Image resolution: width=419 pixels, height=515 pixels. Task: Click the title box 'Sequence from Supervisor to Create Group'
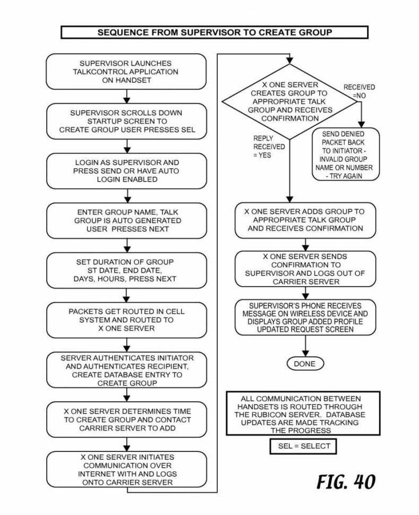[214, 32]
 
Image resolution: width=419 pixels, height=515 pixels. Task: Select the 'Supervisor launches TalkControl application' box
[126, 72]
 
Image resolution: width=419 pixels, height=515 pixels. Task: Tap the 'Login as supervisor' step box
[126, 170]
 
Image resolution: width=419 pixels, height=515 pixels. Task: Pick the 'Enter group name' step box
[126, 220]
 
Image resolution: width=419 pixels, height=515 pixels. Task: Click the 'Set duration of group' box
[126, 270]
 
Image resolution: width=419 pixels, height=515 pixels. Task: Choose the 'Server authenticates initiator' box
[126, 370]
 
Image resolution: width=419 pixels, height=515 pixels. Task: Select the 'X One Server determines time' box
[126, 419]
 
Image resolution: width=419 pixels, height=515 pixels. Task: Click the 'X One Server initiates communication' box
[126, 469]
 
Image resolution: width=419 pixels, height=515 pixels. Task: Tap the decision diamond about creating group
[290, 101]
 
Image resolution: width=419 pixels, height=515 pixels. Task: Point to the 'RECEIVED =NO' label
[358, 91]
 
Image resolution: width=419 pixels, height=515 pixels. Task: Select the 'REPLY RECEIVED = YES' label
[269, 147]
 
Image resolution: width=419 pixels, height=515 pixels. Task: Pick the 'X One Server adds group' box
[305, 220]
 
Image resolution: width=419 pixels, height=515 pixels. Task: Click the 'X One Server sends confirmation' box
[305, 269]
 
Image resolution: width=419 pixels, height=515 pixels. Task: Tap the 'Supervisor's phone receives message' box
[305, 317]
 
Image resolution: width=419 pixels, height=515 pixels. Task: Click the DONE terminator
[304, 364]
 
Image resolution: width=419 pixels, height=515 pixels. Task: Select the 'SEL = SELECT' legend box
[304, 446]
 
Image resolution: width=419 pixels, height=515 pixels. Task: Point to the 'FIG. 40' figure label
[346, 482]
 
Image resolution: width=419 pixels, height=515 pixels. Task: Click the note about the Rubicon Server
[304, 414]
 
